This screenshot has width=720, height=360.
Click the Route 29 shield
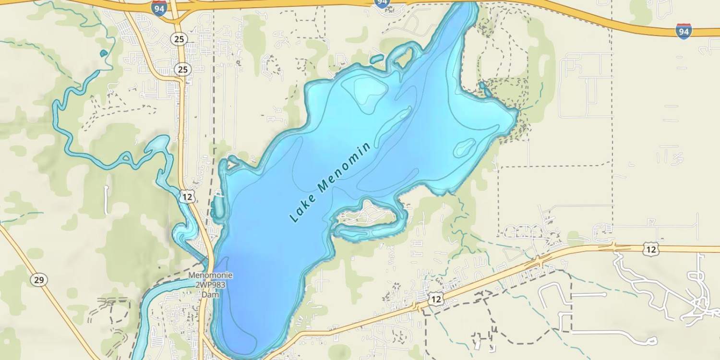38,280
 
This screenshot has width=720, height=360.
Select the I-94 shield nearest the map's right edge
684,31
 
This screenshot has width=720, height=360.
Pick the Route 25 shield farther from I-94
182,70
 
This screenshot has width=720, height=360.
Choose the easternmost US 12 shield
651,249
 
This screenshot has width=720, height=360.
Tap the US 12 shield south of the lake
435,299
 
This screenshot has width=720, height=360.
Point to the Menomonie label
210,276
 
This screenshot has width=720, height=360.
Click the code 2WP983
210,285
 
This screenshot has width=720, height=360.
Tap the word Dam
210,294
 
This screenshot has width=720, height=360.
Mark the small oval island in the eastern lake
464,148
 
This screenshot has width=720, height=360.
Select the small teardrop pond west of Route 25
104,53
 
